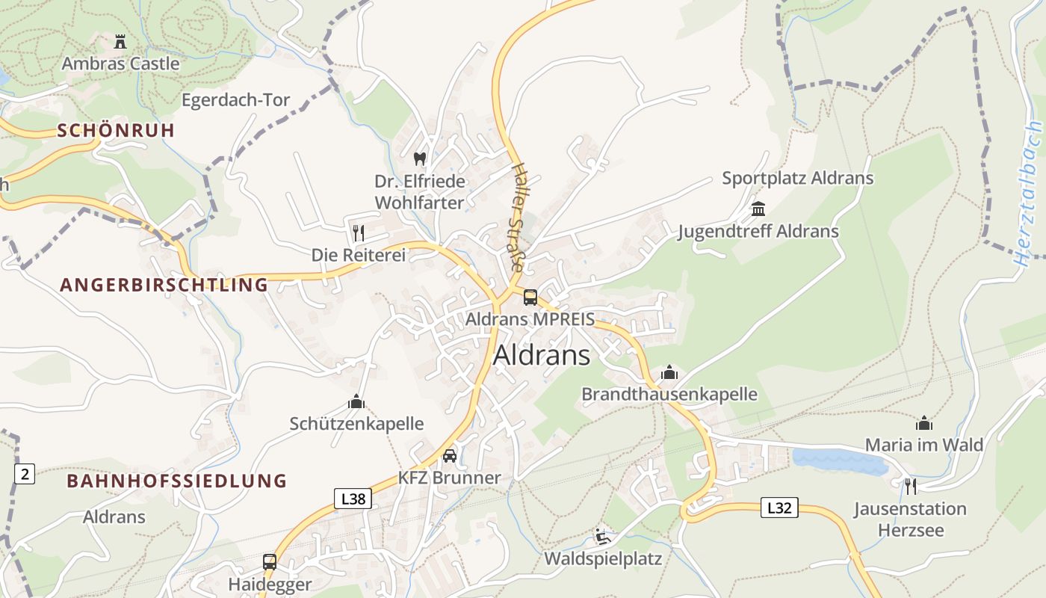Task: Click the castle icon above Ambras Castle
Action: (120, 40)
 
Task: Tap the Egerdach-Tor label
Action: (235, 100)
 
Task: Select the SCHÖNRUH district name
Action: (116, 130)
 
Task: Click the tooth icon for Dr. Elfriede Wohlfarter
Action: (419, 158)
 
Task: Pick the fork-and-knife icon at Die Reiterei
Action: (358, 232)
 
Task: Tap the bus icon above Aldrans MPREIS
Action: (530, 298)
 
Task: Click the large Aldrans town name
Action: (542, 355)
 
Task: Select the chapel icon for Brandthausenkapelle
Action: (669, 372)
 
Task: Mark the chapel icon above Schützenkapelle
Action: (356, 402)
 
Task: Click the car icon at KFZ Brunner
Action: (449, 456)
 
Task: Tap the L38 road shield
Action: (352, 499)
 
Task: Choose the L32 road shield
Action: (779, 508)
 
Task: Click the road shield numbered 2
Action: (25, 473)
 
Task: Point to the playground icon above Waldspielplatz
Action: (602, 537)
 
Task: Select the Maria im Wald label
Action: (923, 445)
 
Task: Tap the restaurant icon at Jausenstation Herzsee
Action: (909, 486)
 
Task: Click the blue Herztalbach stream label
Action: (1030, 194)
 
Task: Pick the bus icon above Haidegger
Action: (269, 561)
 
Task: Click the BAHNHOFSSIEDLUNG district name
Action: (177, 481)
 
